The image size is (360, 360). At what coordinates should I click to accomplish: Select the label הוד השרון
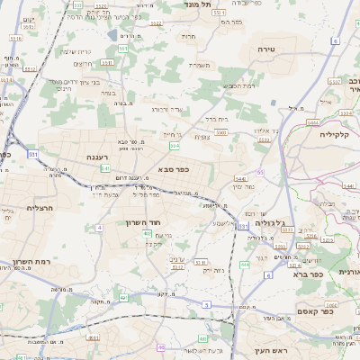tap(143, 220)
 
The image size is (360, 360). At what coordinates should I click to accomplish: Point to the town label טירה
tap(265, 48)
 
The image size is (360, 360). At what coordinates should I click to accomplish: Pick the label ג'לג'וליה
tap(273, 222)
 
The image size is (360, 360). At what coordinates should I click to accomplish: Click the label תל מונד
tap(197, 4)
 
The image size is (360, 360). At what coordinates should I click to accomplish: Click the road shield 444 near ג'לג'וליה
tap(245, 265)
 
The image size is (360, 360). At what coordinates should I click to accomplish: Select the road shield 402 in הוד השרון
tap(147, 234)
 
